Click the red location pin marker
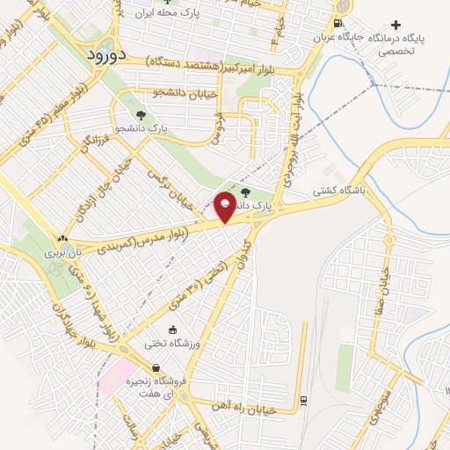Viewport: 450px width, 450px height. (x=225, y=206)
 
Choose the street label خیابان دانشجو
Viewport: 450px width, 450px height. (x=157, y=91)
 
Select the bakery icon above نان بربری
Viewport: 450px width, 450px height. (x=62, y=238)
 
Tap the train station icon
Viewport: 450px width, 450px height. (x=303, y=400)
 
